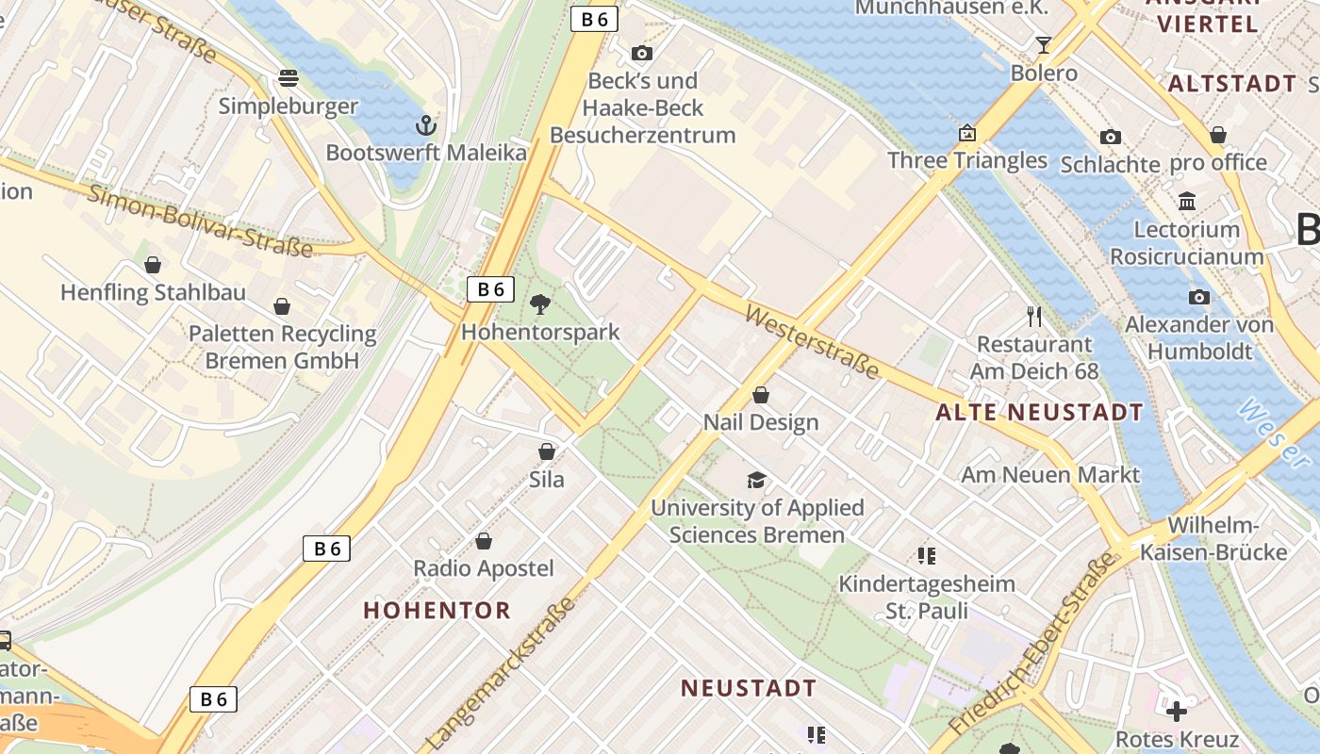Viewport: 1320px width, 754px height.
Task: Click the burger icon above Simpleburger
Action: pyautogui.click(x=288, y=77)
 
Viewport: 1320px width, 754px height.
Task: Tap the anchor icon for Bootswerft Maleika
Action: pyautogui.click(x=426, y=124)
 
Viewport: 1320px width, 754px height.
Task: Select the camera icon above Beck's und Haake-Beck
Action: pyautogui.click(x=642, y=53)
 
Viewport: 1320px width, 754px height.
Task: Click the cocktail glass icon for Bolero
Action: pyautogui.click(x=1043, y=44)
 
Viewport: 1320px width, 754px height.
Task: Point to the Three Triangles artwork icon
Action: pyautogui.click(x=967, y=133)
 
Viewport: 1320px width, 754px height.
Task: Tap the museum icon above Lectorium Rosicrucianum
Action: pyautogui.click(x=1187, y=201)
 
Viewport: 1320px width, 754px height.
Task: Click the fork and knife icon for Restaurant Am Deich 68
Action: pyautogui.click(x=1034, y=316)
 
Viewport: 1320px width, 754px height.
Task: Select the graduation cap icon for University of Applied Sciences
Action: pyautogui.click(x=756, y=480)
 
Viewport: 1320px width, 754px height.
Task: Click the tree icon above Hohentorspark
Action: pyautogui.click(x=540, y=303)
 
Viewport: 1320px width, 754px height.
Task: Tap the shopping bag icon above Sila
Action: pyautogui.click(x=546, y=451)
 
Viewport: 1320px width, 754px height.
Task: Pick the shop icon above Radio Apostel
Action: pyautogui.click(x=484, y=541)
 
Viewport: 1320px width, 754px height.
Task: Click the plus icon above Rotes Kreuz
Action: pyautogui.click(x=1176, y=711)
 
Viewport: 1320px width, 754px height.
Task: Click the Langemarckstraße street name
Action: pyautogui.click(x=501, y=673)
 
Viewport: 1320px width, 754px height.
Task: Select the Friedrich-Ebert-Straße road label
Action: pyautogui.click(x=1033, y=646)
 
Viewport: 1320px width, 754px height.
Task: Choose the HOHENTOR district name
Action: pyautogui.click(x=437, y=610)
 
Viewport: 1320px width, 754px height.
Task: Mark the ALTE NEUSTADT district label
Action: pyautogui.click(x=1039, y=412)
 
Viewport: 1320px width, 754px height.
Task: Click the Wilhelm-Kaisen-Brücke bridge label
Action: pyautogui.click(x=1213, y=538)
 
